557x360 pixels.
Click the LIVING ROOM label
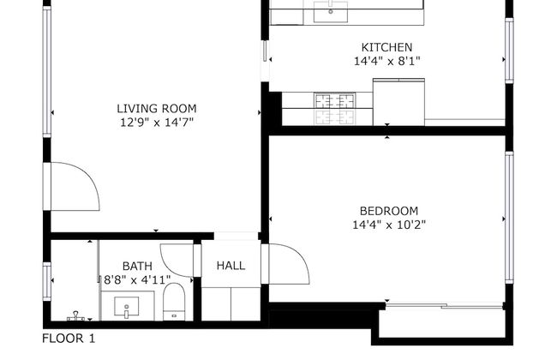point(156,109)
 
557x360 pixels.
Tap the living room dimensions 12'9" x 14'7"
point(156,123)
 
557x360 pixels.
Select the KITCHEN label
point(386,47)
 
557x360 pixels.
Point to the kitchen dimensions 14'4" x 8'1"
point(386,61)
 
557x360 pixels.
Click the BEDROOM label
point(388,211)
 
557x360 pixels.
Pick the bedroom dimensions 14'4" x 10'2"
point(388,225)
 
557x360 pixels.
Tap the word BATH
point(136,266)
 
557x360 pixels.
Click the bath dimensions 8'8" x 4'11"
point(136,279)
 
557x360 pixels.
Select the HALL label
point(231,266)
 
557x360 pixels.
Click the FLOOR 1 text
point(69,339)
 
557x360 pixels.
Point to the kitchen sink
point(329,11)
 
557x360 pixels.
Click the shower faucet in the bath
point(75,315)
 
